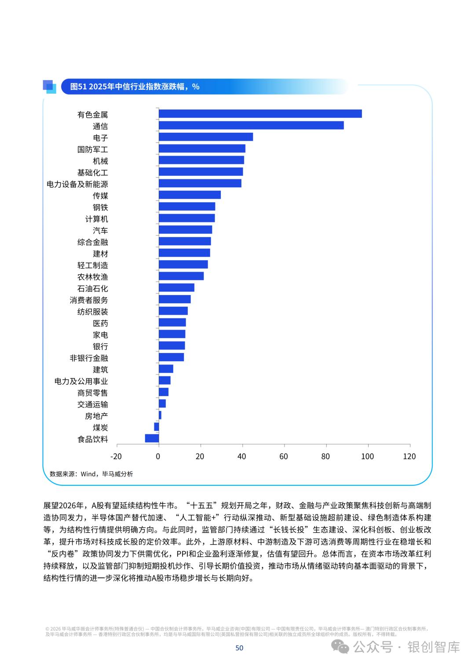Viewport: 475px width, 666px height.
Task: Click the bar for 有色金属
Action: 260,114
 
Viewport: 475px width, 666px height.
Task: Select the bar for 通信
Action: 251,125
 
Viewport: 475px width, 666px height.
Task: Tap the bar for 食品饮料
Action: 152,438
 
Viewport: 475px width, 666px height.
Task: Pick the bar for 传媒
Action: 190,195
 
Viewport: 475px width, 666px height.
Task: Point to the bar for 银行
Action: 172,346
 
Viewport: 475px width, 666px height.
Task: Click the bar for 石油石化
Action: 176,288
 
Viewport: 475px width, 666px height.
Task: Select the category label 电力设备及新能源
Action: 77,184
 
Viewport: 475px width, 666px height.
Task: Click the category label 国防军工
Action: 92,149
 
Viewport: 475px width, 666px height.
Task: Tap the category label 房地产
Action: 96,416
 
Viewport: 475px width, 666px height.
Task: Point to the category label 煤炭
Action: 100,427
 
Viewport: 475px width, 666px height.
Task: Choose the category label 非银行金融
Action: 89,358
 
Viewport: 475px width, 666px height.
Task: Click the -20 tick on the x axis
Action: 116,456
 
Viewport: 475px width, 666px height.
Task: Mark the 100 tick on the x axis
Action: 367,456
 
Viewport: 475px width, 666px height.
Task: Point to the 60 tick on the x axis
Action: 284,456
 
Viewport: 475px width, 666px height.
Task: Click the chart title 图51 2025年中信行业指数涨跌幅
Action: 135,87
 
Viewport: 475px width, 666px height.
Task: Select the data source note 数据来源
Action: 91,474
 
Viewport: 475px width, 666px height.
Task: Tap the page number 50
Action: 239,648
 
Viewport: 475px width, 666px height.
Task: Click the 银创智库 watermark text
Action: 434,647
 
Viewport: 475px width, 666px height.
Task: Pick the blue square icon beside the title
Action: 49,86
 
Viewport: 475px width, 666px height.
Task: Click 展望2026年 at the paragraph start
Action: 63,506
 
